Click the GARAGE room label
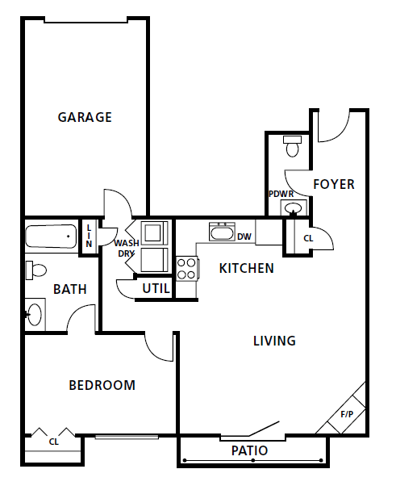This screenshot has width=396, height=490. [x=85, y=117]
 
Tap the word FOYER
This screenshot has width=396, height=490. [x=333, y=184]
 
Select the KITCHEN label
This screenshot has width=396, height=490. [x=246, y=268]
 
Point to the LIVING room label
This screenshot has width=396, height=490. [x=274, y=341]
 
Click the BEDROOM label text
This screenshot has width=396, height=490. [x=102, y=385]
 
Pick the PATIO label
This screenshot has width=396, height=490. [x=249, y=450]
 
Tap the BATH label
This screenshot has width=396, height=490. [x=70, y=289]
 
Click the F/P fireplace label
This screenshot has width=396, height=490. [x=347, y=414]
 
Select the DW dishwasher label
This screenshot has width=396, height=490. [x=244, y=237]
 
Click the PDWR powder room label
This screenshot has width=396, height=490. [x=281, y=194]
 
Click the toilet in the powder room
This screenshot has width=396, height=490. [x=292, y=147]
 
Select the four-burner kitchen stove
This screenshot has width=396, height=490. [x=186, y=267]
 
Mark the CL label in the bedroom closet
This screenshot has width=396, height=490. [x=53, y=442]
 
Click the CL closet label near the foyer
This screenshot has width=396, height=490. [x=308, y=239]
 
